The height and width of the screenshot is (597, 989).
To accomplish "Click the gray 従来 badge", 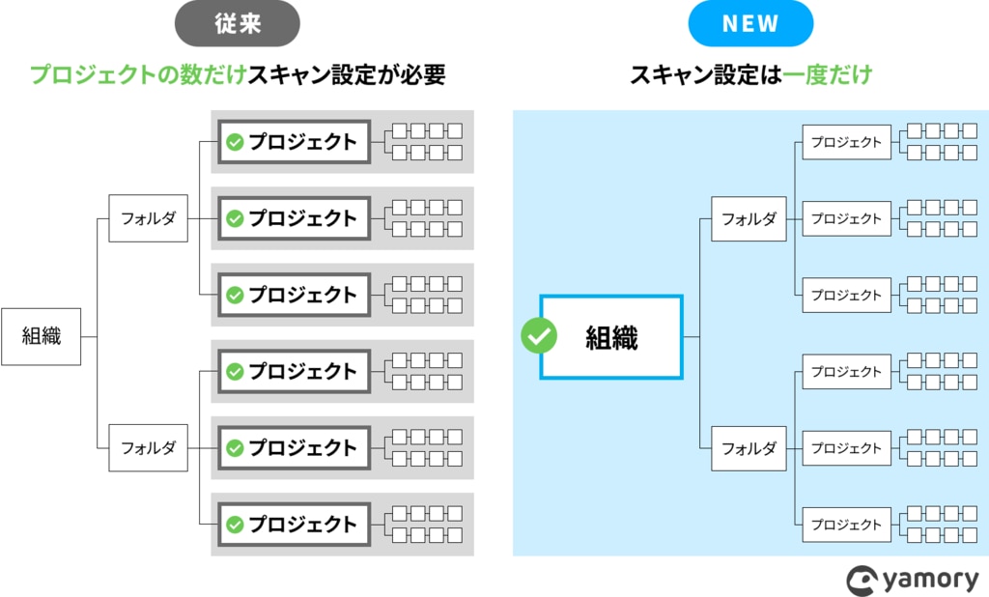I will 237,24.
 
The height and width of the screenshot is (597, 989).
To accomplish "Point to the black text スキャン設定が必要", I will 347,75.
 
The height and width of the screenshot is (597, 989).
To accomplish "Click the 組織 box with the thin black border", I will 41,336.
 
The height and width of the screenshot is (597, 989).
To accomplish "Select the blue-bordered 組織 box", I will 611,336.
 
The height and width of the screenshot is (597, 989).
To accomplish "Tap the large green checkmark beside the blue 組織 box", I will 539,336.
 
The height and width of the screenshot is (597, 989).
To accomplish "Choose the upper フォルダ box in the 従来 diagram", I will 148,218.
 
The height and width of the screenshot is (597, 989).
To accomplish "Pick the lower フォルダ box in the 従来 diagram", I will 148,447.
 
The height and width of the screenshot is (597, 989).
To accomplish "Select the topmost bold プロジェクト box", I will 294,142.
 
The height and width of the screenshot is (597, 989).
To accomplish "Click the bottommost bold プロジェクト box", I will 294,525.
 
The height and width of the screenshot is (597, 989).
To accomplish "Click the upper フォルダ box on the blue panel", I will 749,218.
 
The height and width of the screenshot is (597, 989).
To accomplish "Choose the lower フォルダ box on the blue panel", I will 749,447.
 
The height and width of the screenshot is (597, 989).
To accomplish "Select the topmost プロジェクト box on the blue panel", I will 846,142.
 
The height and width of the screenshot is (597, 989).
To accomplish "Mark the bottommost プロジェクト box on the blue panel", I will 846,525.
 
